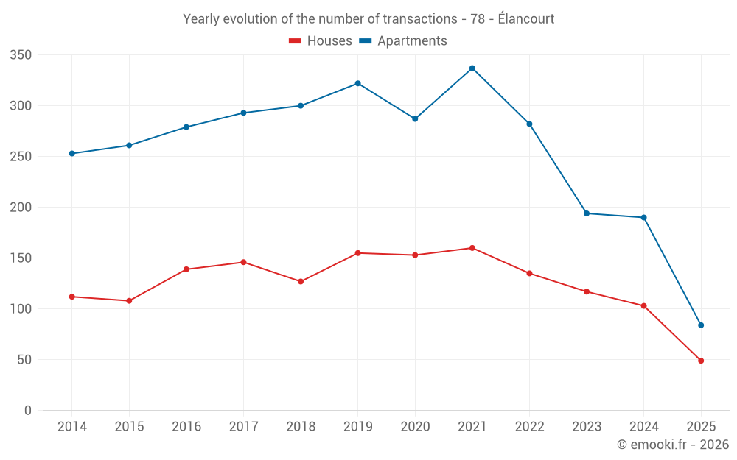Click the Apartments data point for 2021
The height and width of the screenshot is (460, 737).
pyautogui.click(x=472, y=68)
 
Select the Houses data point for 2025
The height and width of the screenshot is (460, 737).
pyautogui.click(x=701, y=361)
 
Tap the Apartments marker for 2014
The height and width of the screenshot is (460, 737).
pyautogui.click(x=71, y=154)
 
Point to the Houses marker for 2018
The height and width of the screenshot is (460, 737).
pyautogui.click(x=301, y=282)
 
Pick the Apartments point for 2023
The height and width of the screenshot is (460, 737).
pyautogui.click(x=587, y=213)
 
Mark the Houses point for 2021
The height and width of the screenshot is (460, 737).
pyautogui.click(x=472, y=248)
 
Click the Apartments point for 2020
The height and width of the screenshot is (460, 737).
pyautogui.click(x=415, y=119)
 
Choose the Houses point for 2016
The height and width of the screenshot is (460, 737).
pyautogui.click(x=186, y=269)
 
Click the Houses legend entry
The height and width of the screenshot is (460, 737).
pyautogui.click(x=321, y=41)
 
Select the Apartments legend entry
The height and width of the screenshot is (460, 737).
pyautogui.click(x=403, y=41)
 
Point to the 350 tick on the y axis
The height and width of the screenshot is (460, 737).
pyautogui.click(x=21, y=55)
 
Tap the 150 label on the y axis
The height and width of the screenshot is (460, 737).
pyautogui.click(x=21, y=258)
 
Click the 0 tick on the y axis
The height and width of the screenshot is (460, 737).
pyautogui.click(x=27, y=411)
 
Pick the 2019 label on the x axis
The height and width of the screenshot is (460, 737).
pyautogui.click(x=357, y=427)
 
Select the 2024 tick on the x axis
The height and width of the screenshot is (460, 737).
pyautogui.click(x=643, y=427)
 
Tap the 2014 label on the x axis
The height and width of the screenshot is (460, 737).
pyautogui.click(x=71, y=427)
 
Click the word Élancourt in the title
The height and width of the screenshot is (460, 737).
pyautogui.click(x=525, y=19)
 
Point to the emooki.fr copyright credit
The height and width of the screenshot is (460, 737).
pyautogui.click(x=672, y=445)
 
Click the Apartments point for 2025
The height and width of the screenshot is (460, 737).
pyautogui.click(x=701, y=325)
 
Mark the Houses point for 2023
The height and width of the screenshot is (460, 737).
pyautogui.click(x=587, y=292)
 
